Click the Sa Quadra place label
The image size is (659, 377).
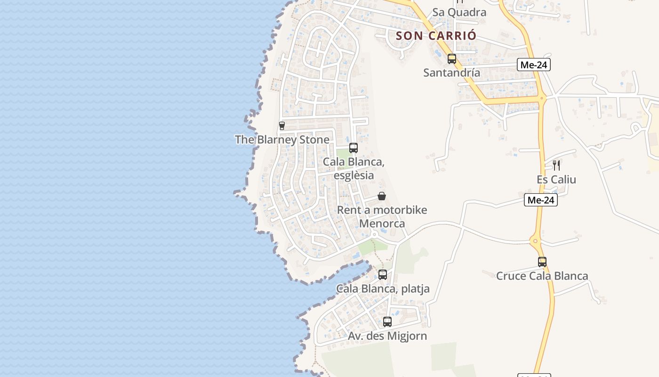coord(459,12)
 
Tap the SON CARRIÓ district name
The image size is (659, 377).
coord(436,35)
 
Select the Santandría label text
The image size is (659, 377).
coord(451,73)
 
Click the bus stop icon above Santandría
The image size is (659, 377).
coord(452,59)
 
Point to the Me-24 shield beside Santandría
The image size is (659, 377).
coord(533,65)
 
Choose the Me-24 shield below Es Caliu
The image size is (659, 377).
coord(540,200)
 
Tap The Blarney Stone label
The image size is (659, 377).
coord(282,139)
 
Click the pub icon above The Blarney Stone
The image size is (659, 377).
coord(282,126)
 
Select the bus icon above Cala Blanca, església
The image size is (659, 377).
coord(354,148)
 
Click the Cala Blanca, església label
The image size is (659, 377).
coord(354,168)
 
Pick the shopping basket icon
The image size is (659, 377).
coord(382,196)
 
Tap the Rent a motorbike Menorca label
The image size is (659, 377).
coord(382,216)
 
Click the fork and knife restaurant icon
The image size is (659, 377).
coord(556,165)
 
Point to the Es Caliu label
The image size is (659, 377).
coord(556,180)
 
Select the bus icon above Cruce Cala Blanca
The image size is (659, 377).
coord(542,262)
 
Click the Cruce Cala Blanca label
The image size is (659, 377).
coord(542,276)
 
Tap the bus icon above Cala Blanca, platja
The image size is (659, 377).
coord(383,274)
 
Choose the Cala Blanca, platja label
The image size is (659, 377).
coord(382,288)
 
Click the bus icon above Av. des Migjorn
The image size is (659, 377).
coord(387,322)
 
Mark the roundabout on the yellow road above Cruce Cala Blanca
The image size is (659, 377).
coord(536,242)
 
